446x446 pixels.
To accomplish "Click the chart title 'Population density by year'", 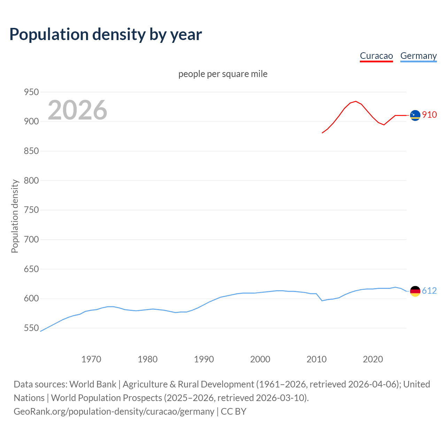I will click(106, 34).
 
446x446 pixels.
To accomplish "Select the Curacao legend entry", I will click(376, 56).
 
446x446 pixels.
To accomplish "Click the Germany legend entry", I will click(418, 56).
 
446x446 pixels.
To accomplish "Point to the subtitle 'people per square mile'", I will click(223, 74).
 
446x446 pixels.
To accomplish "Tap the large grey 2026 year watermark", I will click(77, 110).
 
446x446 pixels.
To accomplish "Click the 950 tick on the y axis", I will click(31, 92).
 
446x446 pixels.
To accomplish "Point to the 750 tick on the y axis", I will click(31, 210).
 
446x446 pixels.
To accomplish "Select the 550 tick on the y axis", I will click(31, 328).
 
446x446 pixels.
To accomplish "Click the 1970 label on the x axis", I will click(91, 359).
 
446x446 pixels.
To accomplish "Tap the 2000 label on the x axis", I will click(260, 359).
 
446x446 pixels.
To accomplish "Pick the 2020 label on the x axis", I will click(373, 359).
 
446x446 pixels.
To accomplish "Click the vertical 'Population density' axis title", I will click(15, 216).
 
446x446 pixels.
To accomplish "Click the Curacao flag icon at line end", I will click(415, 115).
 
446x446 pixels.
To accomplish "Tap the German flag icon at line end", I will click(415, 291).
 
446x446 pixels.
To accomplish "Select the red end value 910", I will click(429, 115).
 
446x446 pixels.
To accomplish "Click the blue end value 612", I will click(429, 291).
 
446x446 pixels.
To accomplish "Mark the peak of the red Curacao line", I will click(355, 101).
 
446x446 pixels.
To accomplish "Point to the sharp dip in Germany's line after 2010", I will click(322, 300).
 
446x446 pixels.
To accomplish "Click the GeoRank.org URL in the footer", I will click(114, 412).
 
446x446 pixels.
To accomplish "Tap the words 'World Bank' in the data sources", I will click(93, 384).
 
